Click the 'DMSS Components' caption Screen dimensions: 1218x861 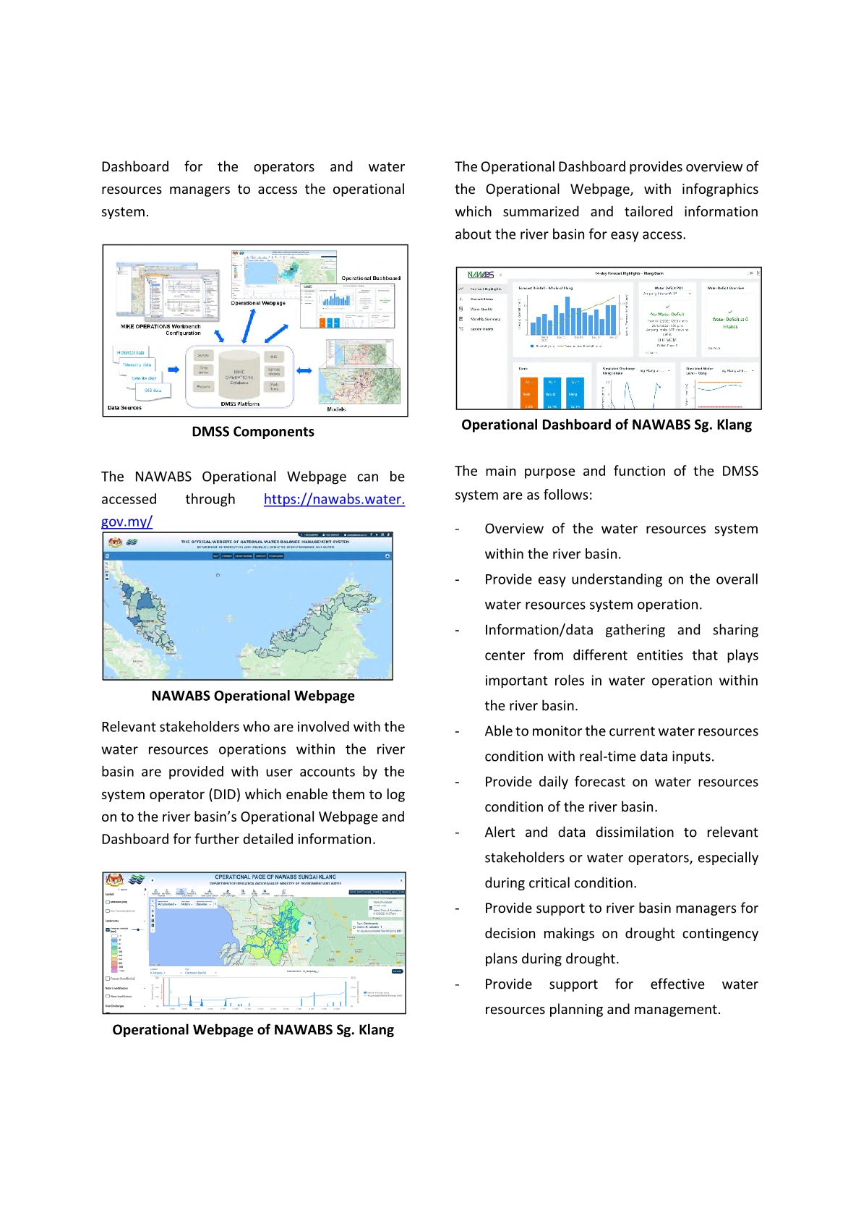tap(253, 432)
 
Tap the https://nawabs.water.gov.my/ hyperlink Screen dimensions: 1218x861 tap(333, 499)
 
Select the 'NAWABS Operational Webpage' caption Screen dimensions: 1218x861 tap(253, 696)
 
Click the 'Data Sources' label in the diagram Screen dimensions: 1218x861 tap(124, 408)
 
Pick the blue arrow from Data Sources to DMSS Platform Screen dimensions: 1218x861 tap(174, 370)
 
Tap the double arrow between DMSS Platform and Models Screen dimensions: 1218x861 tap(304, 370)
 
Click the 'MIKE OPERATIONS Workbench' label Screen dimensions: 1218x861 tap(160, 327)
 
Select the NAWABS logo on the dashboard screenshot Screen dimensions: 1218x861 tap(481, 275)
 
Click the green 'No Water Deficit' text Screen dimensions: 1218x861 tap(667, 315)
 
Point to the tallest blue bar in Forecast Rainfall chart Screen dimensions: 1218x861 tap(612, 318)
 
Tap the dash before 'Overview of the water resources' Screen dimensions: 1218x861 tap(457, 529)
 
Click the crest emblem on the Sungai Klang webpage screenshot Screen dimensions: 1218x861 tap(115, 880)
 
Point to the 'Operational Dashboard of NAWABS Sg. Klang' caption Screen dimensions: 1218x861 tap(607, 425)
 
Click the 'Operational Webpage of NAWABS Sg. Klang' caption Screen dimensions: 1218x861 tap(253, 1030)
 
